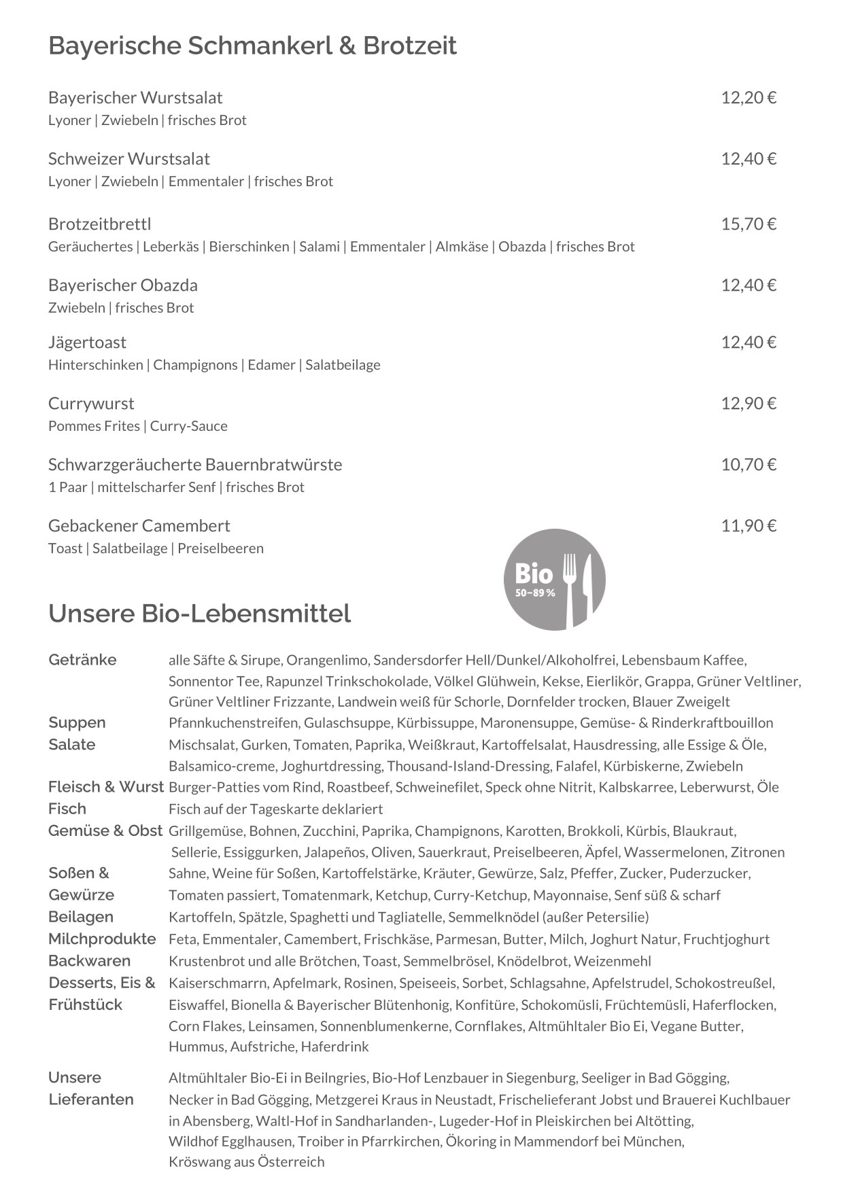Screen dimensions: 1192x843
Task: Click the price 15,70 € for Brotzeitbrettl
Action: click(748, 224)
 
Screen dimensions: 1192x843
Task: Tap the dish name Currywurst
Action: click(91, 404)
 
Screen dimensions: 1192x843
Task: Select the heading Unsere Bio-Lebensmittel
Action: click(199, 613)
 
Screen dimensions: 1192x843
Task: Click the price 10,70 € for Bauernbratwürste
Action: click(748, 465)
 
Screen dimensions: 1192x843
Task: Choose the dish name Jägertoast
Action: click(87, 343)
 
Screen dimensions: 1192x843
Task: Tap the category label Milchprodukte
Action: click(102, 939)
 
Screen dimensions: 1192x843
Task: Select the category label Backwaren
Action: click(89, 961)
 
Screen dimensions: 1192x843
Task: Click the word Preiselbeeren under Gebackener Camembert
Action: click(220, 548)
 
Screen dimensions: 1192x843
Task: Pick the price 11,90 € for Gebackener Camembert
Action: click(748, 526)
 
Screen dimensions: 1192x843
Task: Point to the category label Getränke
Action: click(82, 660)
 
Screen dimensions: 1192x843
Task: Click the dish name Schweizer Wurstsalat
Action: click(128, 159)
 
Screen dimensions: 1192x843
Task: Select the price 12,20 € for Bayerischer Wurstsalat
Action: click(748, 98)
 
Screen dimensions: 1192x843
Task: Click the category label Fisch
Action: click(67, 809)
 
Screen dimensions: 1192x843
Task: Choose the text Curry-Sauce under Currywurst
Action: click(188, 426)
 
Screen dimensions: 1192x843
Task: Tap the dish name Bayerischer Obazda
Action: click(122, 285)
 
